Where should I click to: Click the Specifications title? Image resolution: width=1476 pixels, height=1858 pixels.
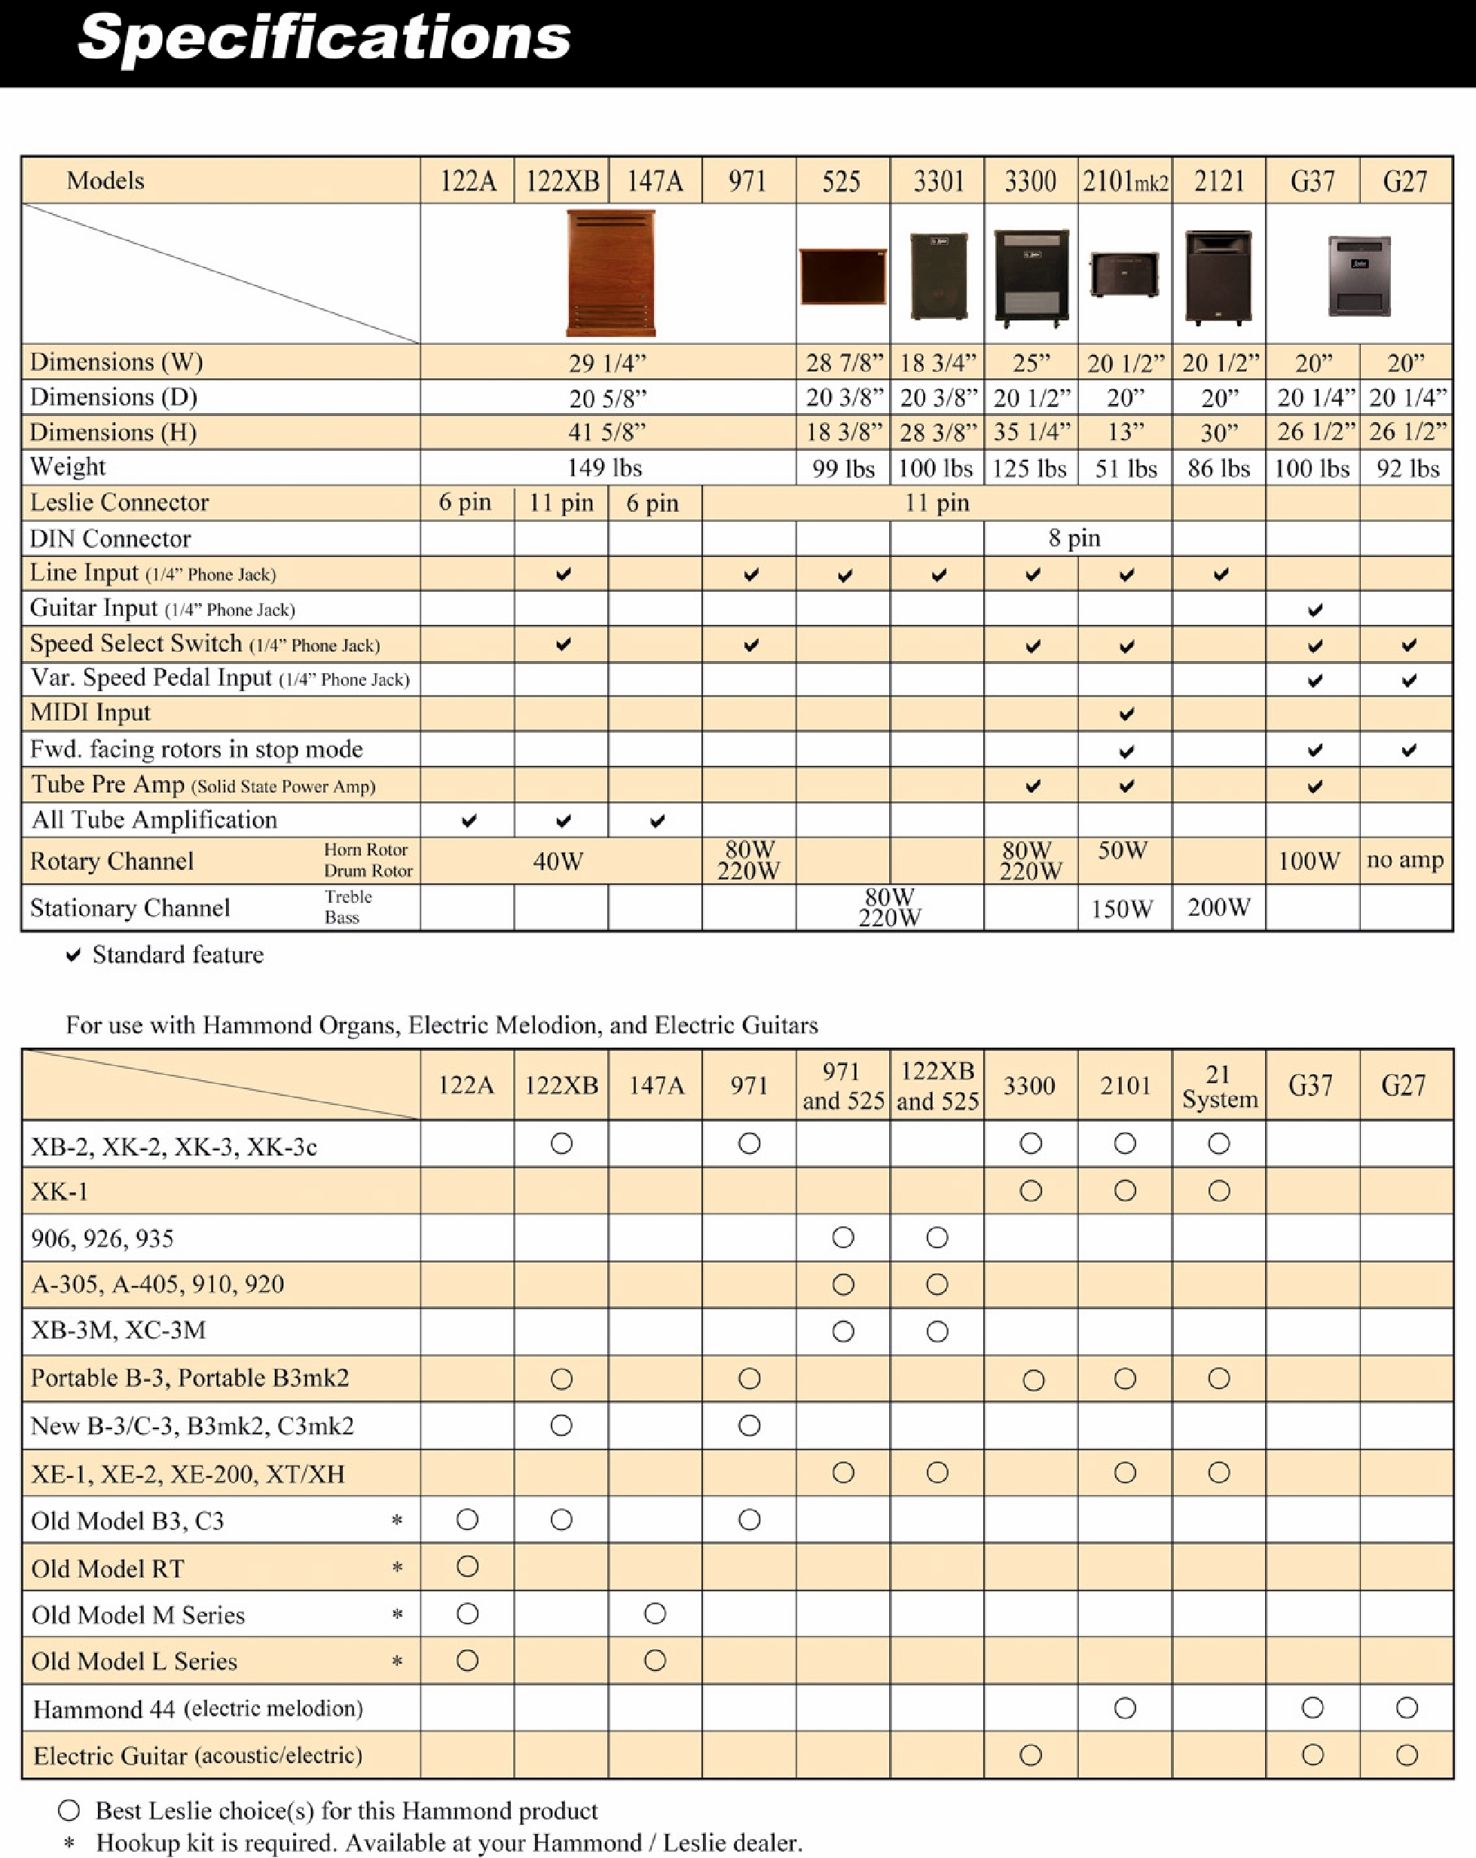tap(324, 38)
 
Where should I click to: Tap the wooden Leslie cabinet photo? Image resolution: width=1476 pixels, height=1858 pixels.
tap(610, 273)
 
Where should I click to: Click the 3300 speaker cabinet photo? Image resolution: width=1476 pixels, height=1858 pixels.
tap(1031, 277)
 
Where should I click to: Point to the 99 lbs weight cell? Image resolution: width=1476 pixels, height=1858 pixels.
tap(842, 469)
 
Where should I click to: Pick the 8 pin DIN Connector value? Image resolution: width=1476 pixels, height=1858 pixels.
tap(1074, 537)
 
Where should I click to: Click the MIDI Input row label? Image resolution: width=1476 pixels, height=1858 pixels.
tap(90, 713)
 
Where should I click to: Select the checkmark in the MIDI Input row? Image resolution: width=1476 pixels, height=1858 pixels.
tap(1126, 715)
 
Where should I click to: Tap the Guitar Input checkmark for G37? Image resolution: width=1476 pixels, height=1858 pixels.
tap(1314, 610)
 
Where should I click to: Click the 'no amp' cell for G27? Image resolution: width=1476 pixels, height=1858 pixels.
tap(1404, 859)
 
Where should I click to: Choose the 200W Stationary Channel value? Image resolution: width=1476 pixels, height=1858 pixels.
tap(1218, 908)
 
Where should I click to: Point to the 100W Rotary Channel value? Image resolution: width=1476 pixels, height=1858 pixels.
tap(1308, 860)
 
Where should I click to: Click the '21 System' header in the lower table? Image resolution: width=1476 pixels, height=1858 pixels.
tap(1219, 1086)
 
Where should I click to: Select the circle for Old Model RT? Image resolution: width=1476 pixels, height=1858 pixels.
tap(468, 1567)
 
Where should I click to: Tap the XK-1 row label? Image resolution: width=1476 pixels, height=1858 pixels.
tap(60, 1192)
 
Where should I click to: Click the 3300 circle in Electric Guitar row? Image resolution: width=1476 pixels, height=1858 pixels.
tap(1031, 1755)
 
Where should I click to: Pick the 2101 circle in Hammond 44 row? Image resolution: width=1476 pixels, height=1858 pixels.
tap(1124, 1708)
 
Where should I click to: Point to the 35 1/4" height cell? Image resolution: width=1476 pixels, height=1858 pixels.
tap(1031, 432)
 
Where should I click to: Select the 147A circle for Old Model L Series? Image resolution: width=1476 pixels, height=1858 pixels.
tap(655, 1661)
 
